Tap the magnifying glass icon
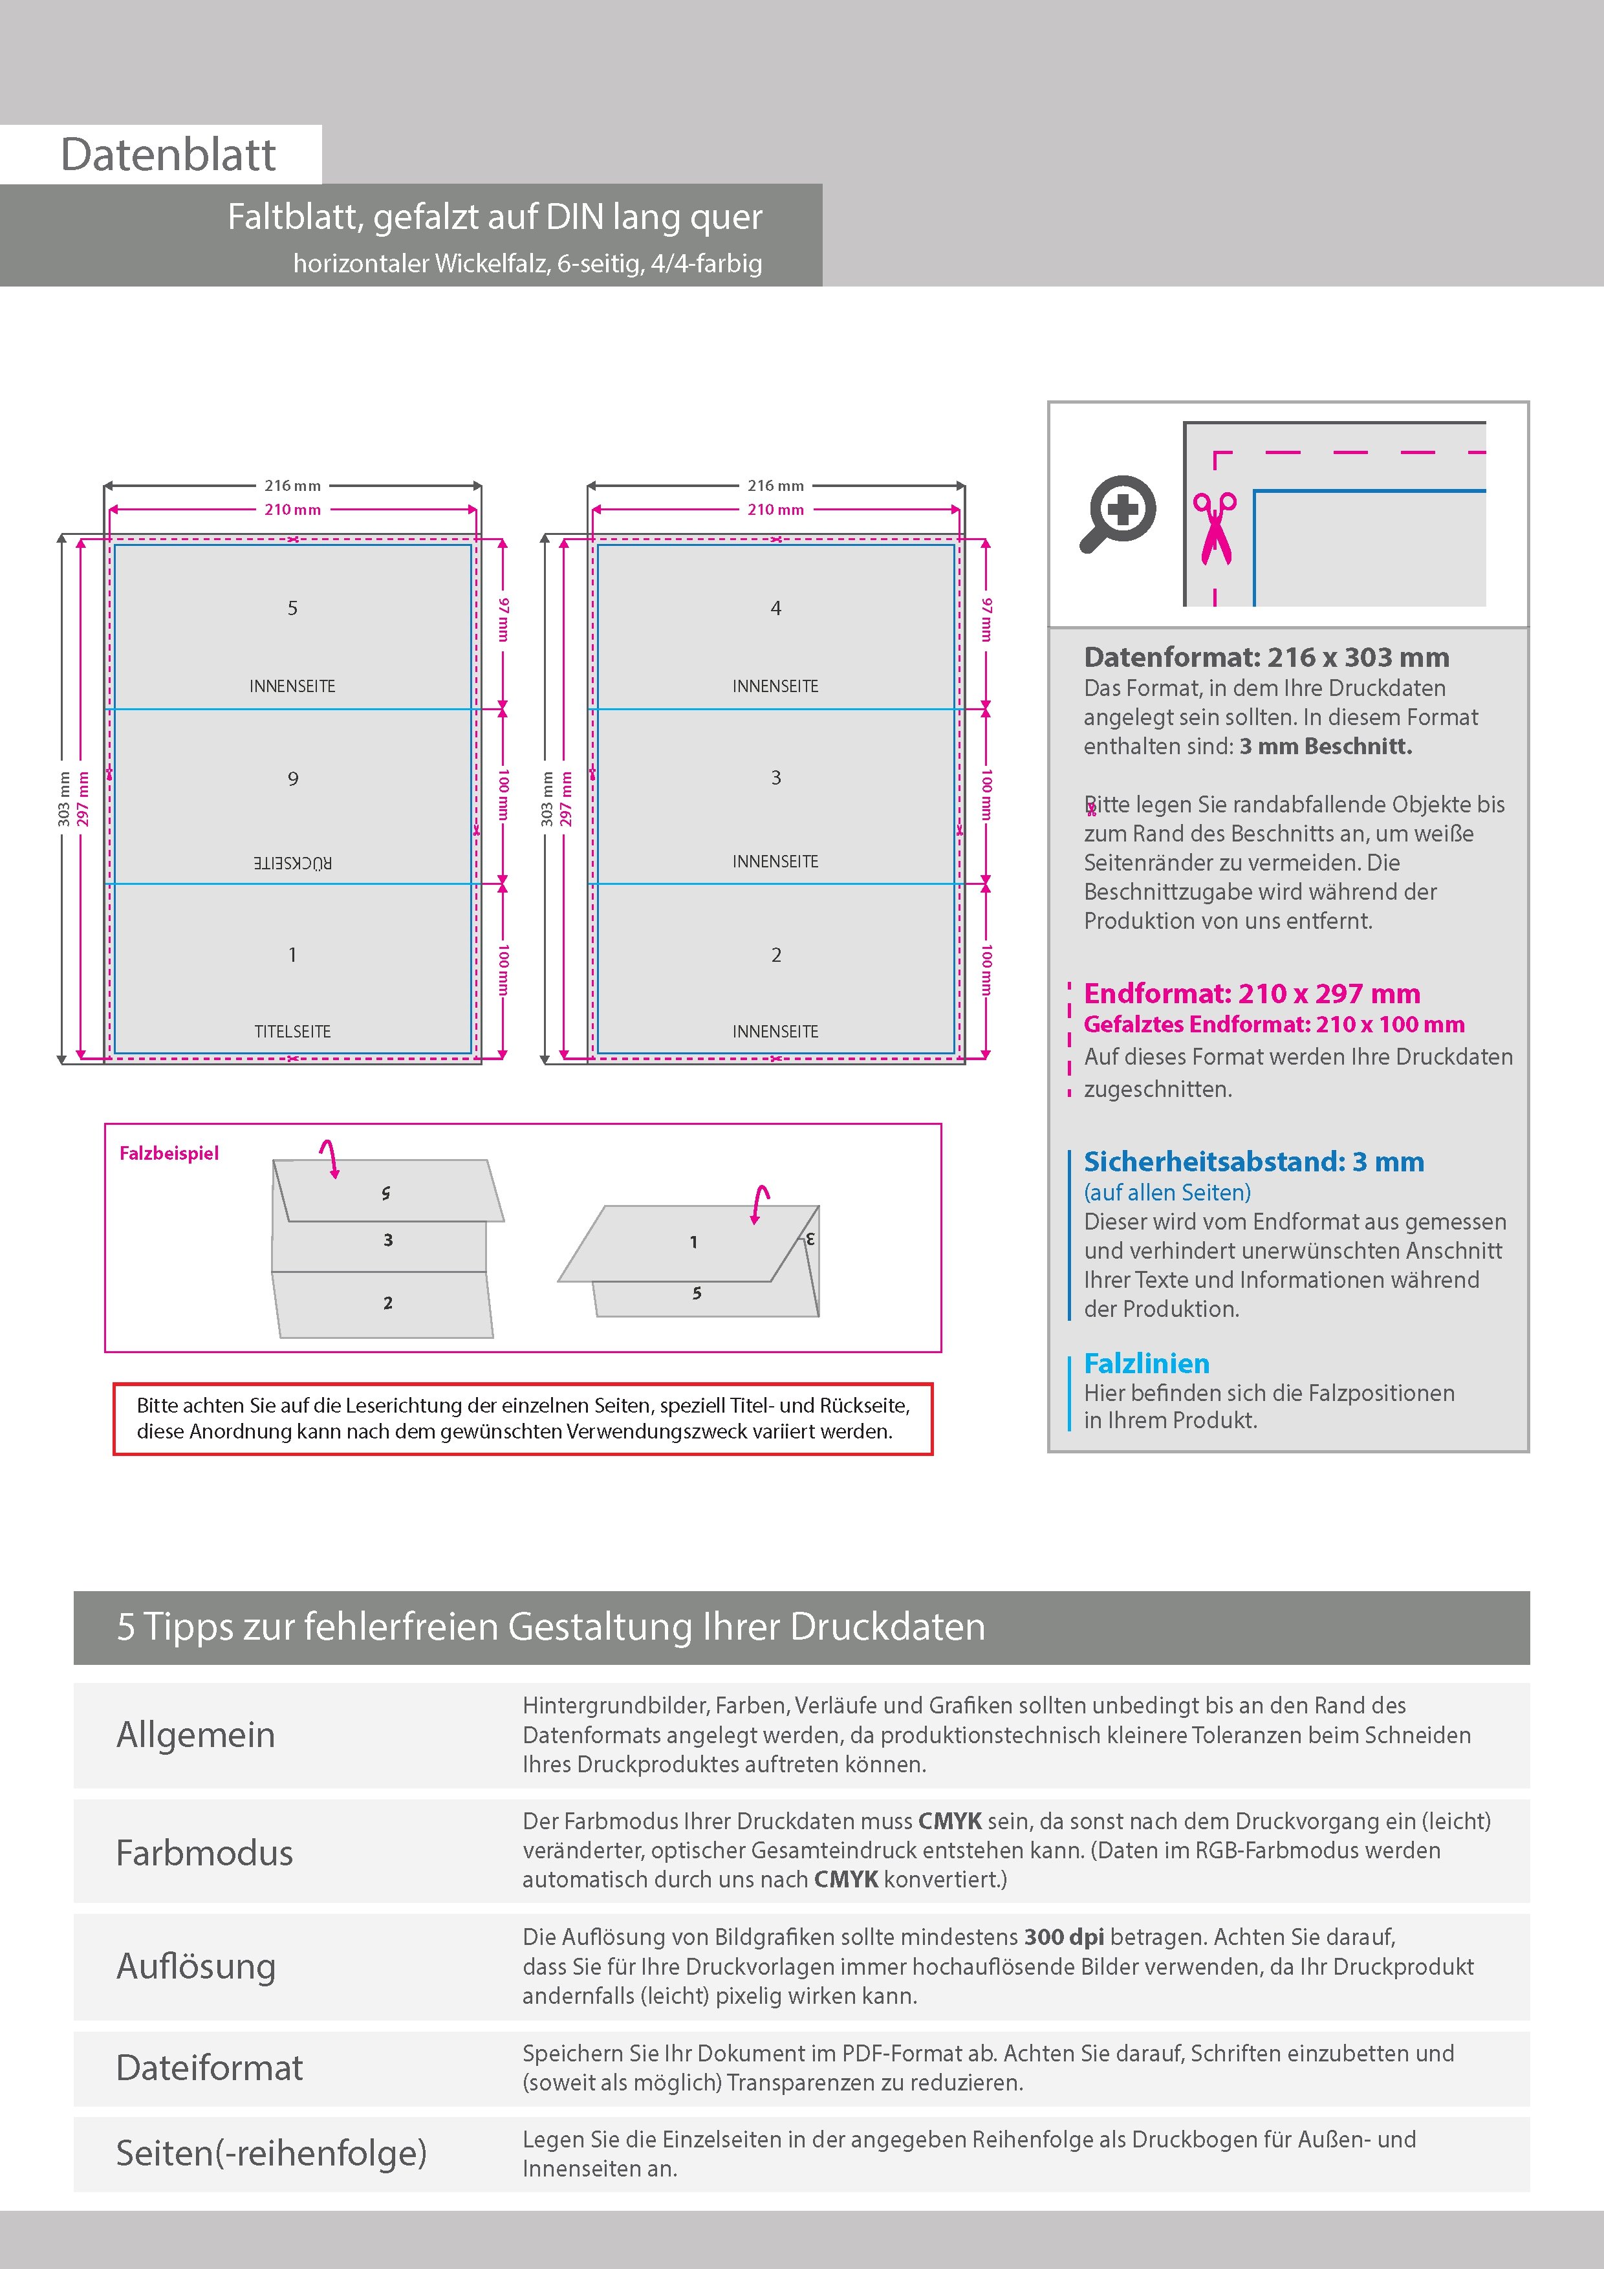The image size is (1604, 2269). point(1118,513)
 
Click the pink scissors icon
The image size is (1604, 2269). point(1215,528)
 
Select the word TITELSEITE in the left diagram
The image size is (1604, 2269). point(292,1031)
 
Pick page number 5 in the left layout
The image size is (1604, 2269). point(292,608)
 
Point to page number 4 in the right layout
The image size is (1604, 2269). point(776,608)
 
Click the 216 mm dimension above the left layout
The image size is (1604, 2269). point(292,485)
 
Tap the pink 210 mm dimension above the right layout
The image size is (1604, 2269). point(776,510)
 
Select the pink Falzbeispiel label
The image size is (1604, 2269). point(169,1153)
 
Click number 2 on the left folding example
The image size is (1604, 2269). point(387,1303)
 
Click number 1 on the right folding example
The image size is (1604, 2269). point(694,1243)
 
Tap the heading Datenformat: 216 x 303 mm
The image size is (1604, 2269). point(1266,657)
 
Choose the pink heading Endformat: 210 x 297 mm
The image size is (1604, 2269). point(1251,993)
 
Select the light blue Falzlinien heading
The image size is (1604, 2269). point(1147,1363)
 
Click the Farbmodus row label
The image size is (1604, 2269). point(204,1853)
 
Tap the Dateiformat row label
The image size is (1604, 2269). point(210,2067)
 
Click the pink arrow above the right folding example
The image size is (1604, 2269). point(759,1204)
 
